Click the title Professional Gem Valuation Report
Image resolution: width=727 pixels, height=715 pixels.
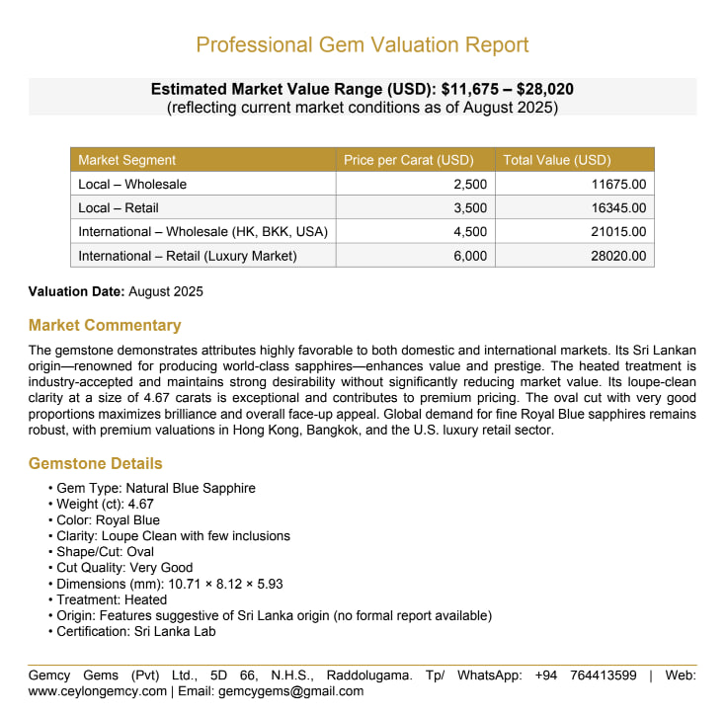[363, 44]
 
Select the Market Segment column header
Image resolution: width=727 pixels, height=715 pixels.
[127, 160]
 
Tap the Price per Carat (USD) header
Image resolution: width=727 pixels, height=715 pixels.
[409, 160]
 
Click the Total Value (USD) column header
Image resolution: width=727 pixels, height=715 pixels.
[557, 160]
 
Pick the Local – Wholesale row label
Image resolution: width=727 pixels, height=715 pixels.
[132, 184]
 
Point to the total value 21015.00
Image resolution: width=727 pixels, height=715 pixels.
[617, 231]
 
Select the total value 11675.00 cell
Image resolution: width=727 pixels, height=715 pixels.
[617, 184]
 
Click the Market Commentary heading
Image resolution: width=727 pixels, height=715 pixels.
[105, 325]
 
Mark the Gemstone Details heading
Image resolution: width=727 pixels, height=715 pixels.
[96, 463]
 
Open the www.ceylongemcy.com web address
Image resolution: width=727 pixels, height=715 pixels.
[98, 691]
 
